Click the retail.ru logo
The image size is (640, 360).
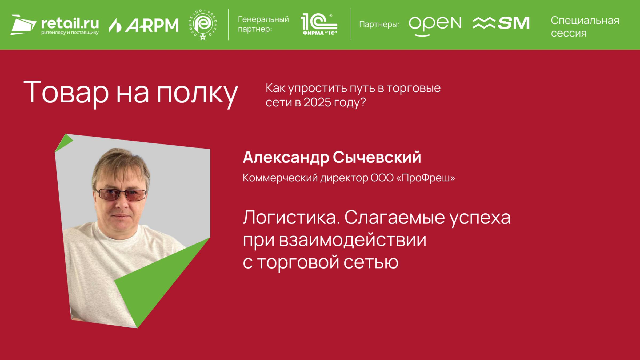[55, 25]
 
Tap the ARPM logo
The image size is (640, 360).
[144, 25]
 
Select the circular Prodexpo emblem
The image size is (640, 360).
[203, 25]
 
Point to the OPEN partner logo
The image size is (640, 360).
[435, 25]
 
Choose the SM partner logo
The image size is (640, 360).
[501, 23]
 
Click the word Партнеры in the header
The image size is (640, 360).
[379, 25]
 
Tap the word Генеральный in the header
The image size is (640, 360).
[263, 19]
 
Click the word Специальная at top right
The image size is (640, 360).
[585, 21]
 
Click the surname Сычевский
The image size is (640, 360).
[377, 157]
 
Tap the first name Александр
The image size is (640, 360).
[286, 158]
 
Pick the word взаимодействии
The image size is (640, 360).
[353, 240]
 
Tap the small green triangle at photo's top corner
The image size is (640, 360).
[63, 142]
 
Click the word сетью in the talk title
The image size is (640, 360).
[371, 262]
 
